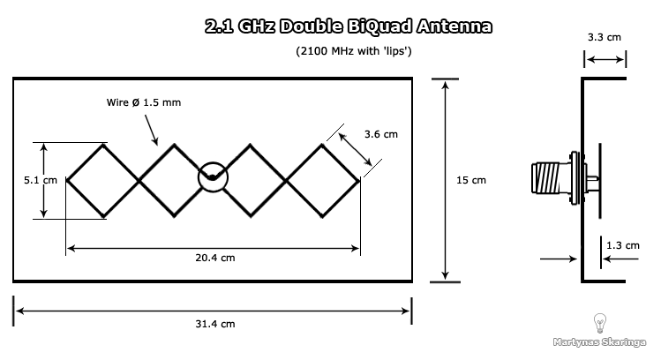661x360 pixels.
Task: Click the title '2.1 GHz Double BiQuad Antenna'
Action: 348,27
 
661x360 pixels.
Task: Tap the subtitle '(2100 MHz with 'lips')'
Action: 354,52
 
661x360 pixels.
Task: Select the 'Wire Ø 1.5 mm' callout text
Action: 143,103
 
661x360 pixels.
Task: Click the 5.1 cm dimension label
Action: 40,180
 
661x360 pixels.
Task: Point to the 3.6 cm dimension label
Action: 380,134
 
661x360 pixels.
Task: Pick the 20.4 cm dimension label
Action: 215,258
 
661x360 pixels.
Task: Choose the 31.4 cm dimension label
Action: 215,324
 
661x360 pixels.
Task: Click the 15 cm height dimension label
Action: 470,180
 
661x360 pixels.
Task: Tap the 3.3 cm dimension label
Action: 604,38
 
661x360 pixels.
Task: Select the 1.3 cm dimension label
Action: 623,245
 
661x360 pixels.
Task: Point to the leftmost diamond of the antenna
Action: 103,179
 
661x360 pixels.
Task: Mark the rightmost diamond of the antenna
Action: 323,179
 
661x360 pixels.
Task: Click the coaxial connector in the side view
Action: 554,179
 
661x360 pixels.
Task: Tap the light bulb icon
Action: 600,322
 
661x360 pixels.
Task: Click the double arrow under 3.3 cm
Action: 604,60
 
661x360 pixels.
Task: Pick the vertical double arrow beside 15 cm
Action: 443,180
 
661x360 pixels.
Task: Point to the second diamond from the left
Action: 176,179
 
